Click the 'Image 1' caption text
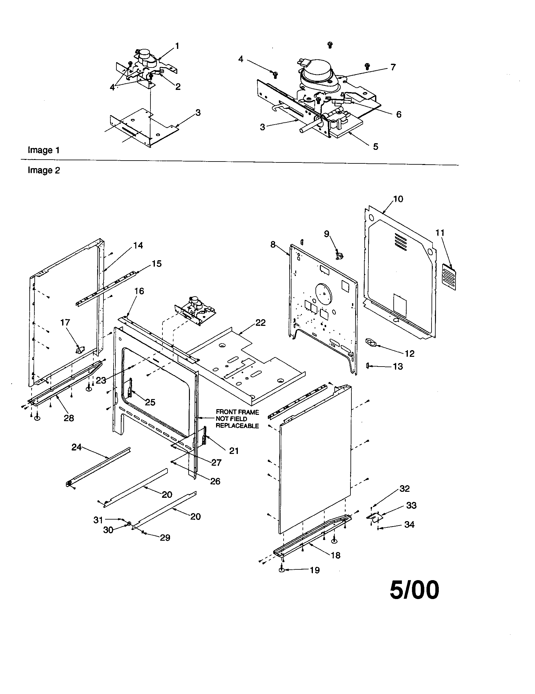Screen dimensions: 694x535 click(x=44, y=150)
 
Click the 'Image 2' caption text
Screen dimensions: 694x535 click(x=44, y=170)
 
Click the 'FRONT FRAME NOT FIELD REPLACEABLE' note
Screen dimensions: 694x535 click(x=237, y=419)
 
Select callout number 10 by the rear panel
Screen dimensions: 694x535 click(x=398, y=199)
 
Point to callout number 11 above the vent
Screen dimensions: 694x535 click(x=440, y=233)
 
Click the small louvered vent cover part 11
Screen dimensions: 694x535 click(x=449, y=276)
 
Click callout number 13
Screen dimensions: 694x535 click(x=398, y=366)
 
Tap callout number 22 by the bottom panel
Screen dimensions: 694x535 click(x=261, y=322)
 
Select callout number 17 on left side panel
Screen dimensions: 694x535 click(x=65, y=322)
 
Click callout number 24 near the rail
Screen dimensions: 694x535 click(x=76, y=447)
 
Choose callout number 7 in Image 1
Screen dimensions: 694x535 click(x=393, y=67)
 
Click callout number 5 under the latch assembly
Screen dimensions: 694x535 click(x=375, y=146)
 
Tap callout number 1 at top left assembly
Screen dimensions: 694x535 click(x=177, y=46)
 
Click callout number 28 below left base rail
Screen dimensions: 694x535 click(x=69, y=418)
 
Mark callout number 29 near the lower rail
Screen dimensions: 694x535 click(x=165, y=538)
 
